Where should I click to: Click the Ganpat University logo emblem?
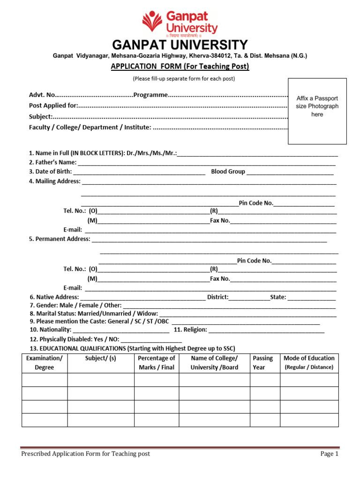point(153,22)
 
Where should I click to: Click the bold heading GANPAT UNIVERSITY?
point(180,45)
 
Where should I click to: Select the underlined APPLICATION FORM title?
point(180,67)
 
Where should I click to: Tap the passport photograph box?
point(317,111)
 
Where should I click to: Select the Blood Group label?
point(228,172)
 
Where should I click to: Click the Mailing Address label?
point(55,181)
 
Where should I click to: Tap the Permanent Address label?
point(60,239)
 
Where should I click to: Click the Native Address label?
point(54,297)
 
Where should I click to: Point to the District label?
point(217,297)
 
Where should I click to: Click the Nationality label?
point(50,330)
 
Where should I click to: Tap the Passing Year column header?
point(262,363)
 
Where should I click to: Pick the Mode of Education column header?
point(309,363)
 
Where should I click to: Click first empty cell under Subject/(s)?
point(100,380)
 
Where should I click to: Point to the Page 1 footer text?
point(329,454)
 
